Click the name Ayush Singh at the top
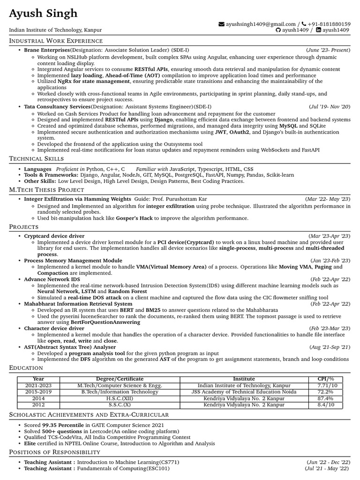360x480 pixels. [x=44, y=13]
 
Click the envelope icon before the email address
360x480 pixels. [x=221, y=24]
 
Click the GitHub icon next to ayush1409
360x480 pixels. [x=278, y=30]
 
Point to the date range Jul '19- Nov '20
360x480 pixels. [x=330, y=107]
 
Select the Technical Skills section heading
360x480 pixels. [x=37, y=159]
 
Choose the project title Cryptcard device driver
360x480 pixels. [x=54, y=236]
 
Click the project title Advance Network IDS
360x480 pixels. [x=52, y=279]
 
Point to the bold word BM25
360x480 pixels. [x=153, y=310]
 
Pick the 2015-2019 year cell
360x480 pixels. [x=38, y=392]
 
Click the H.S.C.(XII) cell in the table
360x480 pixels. [x=120, y=398]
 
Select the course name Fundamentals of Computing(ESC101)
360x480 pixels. [x=123, y=468]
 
